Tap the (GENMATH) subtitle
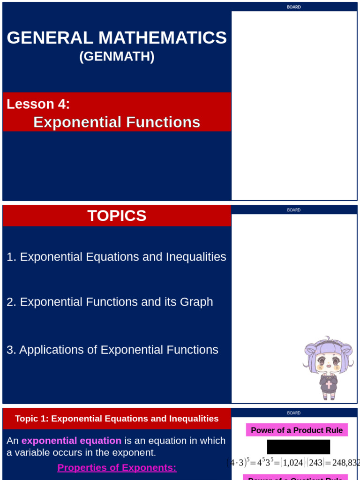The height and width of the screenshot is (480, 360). pos(117,56)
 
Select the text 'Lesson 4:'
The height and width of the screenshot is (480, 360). pos(38,104)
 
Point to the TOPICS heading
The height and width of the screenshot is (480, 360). pos(117,216)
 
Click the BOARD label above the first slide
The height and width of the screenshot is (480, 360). pos(294,7)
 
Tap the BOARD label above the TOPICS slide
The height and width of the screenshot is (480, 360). pos(294,210)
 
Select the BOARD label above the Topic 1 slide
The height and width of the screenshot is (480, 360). pos(294,413)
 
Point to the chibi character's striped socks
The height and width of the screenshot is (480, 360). pos(328,395)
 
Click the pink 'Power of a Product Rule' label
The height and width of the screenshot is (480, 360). pos(297,430)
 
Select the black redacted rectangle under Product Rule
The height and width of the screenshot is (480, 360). pos(299,447)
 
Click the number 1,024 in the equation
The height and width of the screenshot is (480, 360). pos(291,463)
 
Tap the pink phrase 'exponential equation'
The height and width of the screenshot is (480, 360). pos(71,441)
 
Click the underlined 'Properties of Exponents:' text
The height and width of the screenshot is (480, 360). pos(117,467)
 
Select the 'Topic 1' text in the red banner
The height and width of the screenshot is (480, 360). pos(31,419)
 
